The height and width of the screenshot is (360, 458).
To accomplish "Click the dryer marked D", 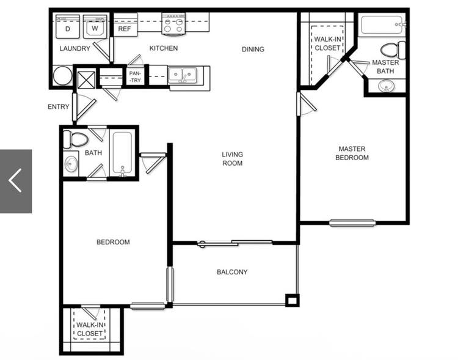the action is [67, 27].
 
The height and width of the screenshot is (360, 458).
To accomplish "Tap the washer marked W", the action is [95, 27].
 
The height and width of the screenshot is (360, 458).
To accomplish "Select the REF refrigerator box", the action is [125, 25].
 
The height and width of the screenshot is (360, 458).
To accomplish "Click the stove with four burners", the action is [173, 24].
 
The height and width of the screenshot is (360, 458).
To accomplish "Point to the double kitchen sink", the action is [183, 76].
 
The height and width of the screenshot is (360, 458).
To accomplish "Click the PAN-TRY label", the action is [135, 76].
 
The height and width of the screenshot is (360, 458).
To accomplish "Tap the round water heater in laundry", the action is [62, 75].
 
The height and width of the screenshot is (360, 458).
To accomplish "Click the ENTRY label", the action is [59, 107].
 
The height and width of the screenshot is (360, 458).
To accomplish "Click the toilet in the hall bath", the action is [76, 139].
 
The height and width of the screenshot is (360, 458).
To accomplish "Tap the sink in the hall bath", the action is [71, 164].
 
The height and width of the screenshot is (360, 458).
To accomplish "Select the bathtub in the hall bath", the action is [122, 154].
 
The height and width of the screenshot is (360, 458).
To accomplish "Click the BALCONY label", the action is [232, 272].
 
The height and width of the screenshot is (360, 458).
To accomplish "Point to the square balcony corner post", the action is [292, 300].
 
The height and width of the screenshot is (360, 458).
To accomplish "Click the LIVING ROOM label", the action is [233, 159].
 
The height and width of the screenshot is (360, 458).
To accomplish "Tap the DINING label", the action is [253, 50].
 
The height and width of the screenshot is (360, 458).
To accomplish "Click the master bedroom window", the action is [352, 223].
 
